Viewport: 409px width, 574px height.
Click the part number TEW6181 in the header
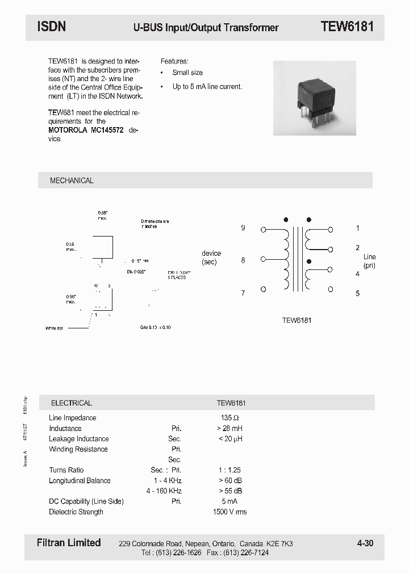point(347,27)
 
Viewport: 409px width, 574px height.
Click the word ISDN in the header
point(51,27)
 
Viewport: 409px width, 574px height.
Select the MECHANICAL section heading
point(72,180)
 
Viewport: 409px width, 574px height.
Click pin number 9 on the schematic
point(243,228)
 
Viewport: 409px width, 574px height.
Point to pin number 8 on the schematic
point(243,260)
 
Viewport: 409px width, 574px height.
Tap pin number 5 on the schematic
point(357,293)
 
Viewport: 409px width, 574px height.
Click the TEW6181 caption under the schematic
point(297,320)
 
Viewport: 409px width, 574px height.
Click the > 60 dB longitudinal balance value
point(229,480)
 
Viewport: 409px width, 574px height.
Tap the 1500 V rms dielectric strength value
point(229,512)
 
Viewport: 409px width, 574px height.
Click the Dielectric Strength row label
point(76,512)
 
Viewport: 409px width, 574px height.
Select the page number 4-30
point(365,543)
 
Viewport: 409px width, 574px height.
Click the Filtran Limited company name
point(69,543)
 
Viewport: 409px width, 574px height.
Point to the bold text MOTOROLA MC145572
point(86,130)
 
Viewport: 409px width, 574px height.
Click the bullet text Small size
point(187,73)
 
